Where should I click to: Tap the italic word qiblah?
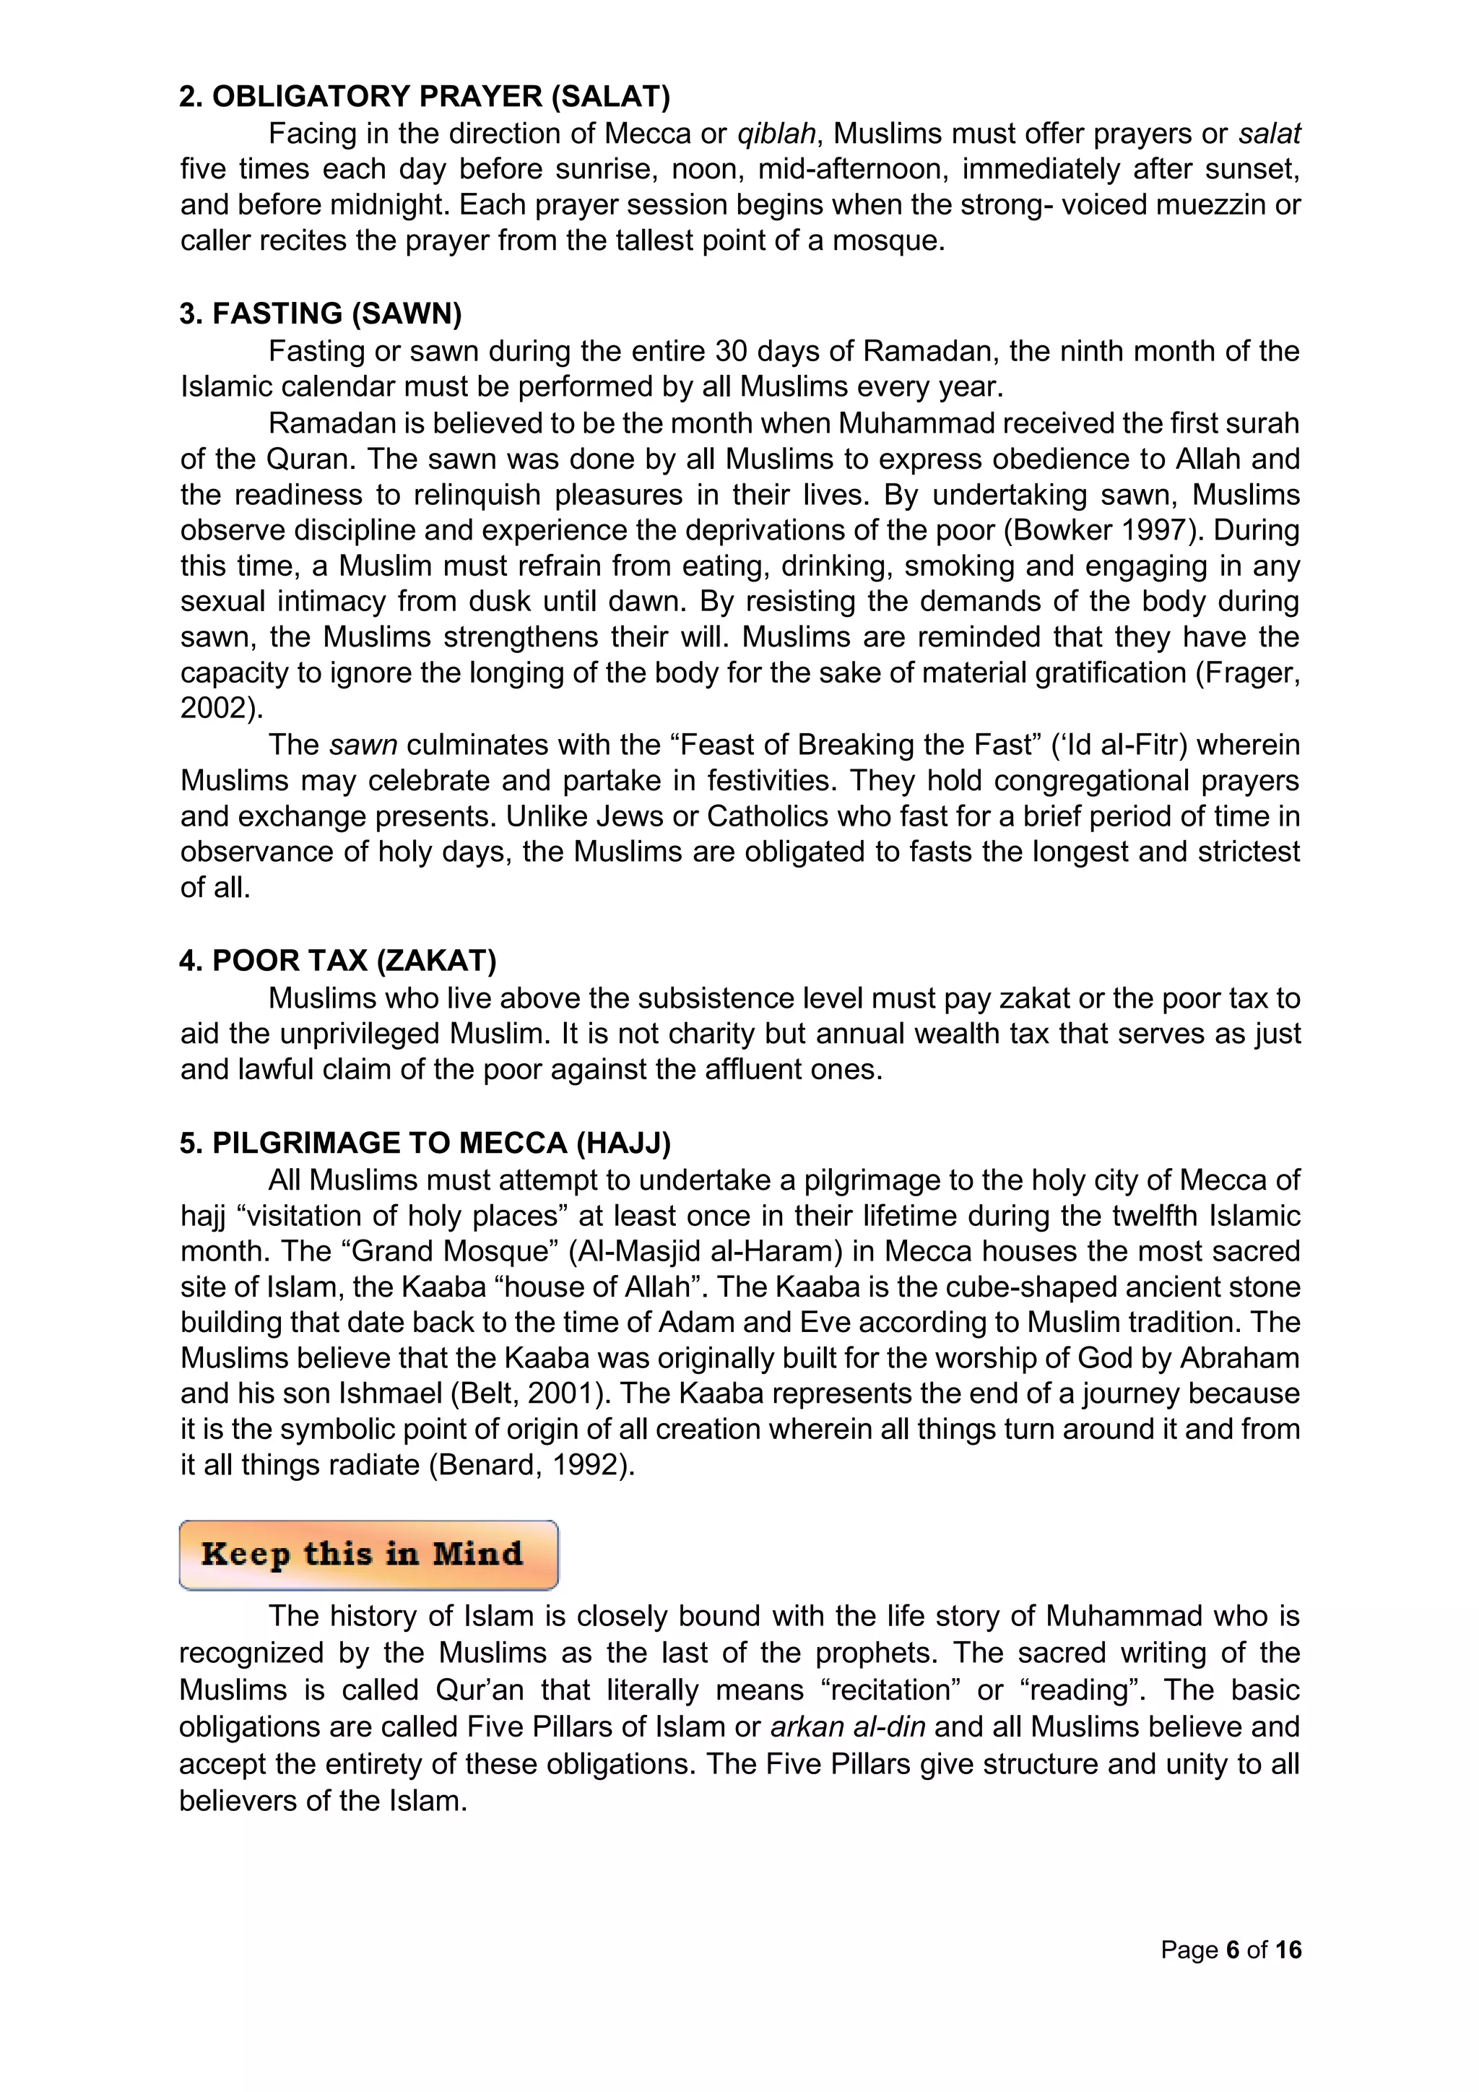pos(776,134)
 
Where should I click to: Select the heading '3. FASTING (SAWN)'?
pos(321,314)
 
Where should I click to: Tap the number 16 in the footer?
pos(1288,1950)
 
